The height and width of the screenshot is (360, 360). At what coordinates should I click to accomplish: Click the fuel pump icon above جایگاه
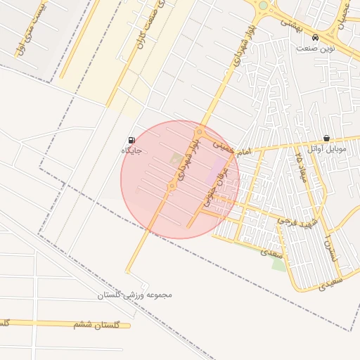point(131,140)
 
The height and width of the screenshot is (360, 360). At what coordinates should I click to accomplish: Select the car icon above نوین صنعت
point(314,37)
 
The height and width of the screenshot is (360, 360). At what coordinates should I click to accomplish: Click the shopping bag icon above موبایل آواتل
point(326,139)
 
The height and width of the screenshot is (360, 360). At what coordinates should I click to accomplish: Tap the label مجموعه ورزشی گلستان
point(134,295)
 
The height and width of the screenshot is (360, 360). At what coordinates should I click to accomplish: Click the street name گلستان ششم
point(97,325)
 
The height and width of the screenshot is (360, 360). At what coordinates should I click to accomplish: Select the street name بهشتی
point(290,22)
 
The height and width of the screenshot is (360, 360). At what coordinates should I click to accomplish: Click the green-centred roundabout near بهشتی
point(263,6)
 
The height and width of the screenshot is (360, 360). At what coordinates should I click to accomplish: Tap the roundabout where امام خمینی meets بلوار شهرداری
point(200,132)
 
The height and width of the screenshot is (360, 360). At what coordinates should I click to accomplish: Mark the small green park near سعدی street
point(279,264)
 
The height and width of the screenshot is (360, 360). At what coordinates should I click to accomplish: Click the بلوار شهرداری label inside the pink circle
point(186,157)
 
